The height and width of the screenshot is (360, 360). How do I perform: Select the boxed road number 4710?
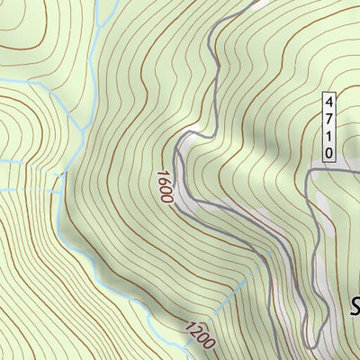click(x=329, y=126)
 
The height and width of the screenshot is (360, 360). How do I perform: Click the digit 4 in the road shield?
click(x=329, y=100)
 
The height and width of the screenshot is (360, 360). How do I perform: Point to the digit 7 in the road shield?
click(x=329, y=117)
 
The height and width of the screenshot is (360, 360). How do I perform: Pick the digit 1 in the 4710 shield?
click(x=329, y=135)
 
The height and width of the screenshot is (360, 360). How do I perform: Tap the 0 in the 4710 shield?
click(x=329, y=152)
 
